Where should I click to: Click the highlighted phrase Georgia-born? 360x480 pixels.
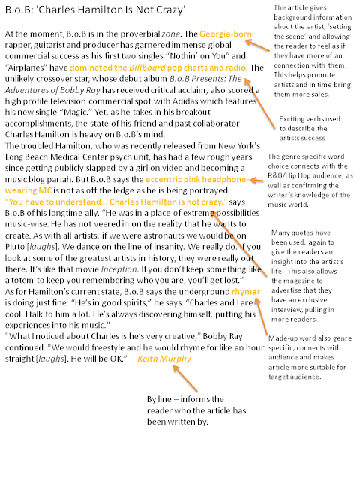(x=223, y=34)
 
